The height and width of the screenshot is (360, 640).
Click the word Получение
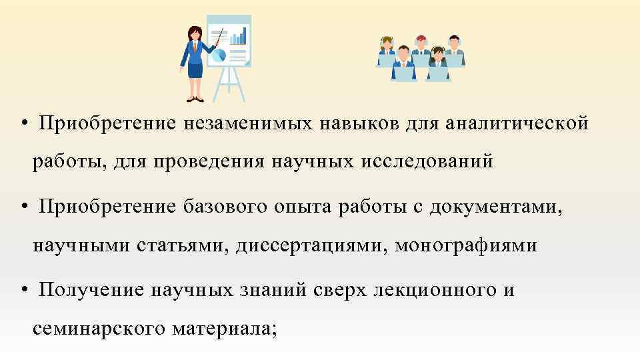point(89,291)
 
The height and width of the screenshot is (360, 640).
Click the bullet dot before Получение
point(24,291)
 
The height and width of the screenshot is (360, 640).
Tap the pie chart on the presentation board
point(218,55)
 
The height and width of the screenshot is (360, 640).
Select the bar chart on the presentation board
point(239,36)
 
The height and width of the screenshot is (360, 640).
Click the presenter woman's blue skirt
point(195,69)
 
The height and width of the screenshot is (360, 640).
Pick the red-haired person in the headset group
point(421,43)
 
